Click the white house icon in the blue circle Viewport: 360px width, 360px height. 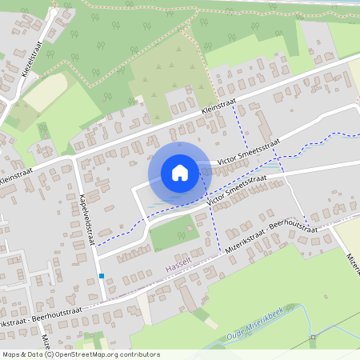[179, 172]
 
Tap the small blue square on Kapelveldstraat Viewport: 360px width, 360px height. [102, 277]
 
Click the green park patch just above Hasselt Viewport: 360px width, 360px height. [173, 233]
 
